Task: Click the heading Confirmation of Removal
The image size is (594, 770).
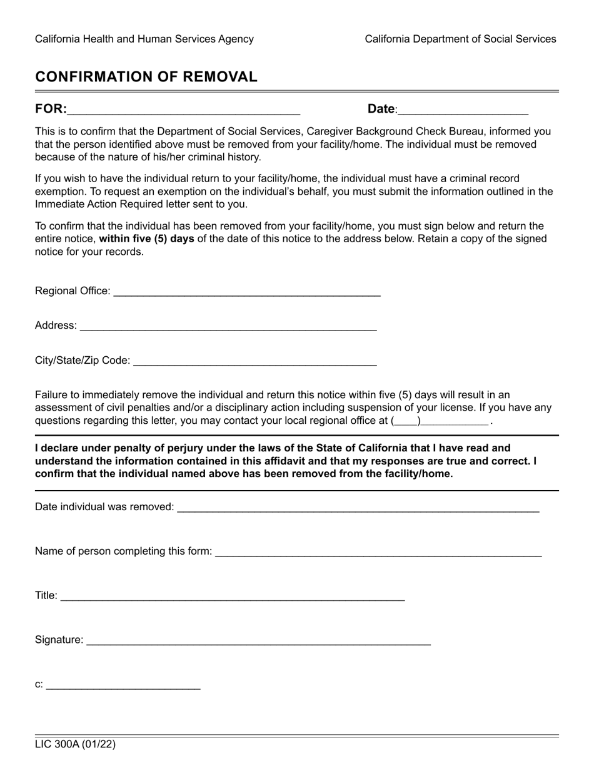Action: [146, 77]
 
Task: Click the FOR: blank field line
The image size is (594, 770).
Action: [183, 110]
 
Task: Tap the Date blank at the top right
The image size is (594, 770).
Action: [463, 110]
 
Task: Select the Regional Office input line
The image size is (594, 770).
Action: [247, 292]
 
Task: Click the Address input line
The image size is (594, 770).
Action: [228, 326]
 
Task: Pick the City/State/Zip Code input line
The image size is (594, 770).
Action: [255, 361]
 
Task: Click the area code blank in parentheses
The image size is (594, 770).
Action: [406, 421]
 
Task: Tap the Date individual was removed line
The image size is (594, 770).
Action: [358, 508]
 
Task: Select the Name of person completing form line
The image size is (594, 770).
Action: [378, 552]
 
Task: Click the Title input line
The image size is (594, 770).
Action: [233, 596]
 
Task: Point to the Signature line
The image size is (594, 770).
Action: [258, 640]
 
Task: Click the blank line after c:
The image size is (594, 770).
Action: [123, 685]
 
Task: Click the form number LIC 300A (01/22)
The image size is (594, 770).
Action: [75, 744]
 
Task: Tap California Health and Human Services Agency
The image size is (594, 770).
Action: [144, 39]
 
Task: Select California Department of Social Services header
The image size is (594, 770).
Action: [460, 39]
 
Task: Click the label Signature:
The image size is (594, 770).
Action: [59, 640]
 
